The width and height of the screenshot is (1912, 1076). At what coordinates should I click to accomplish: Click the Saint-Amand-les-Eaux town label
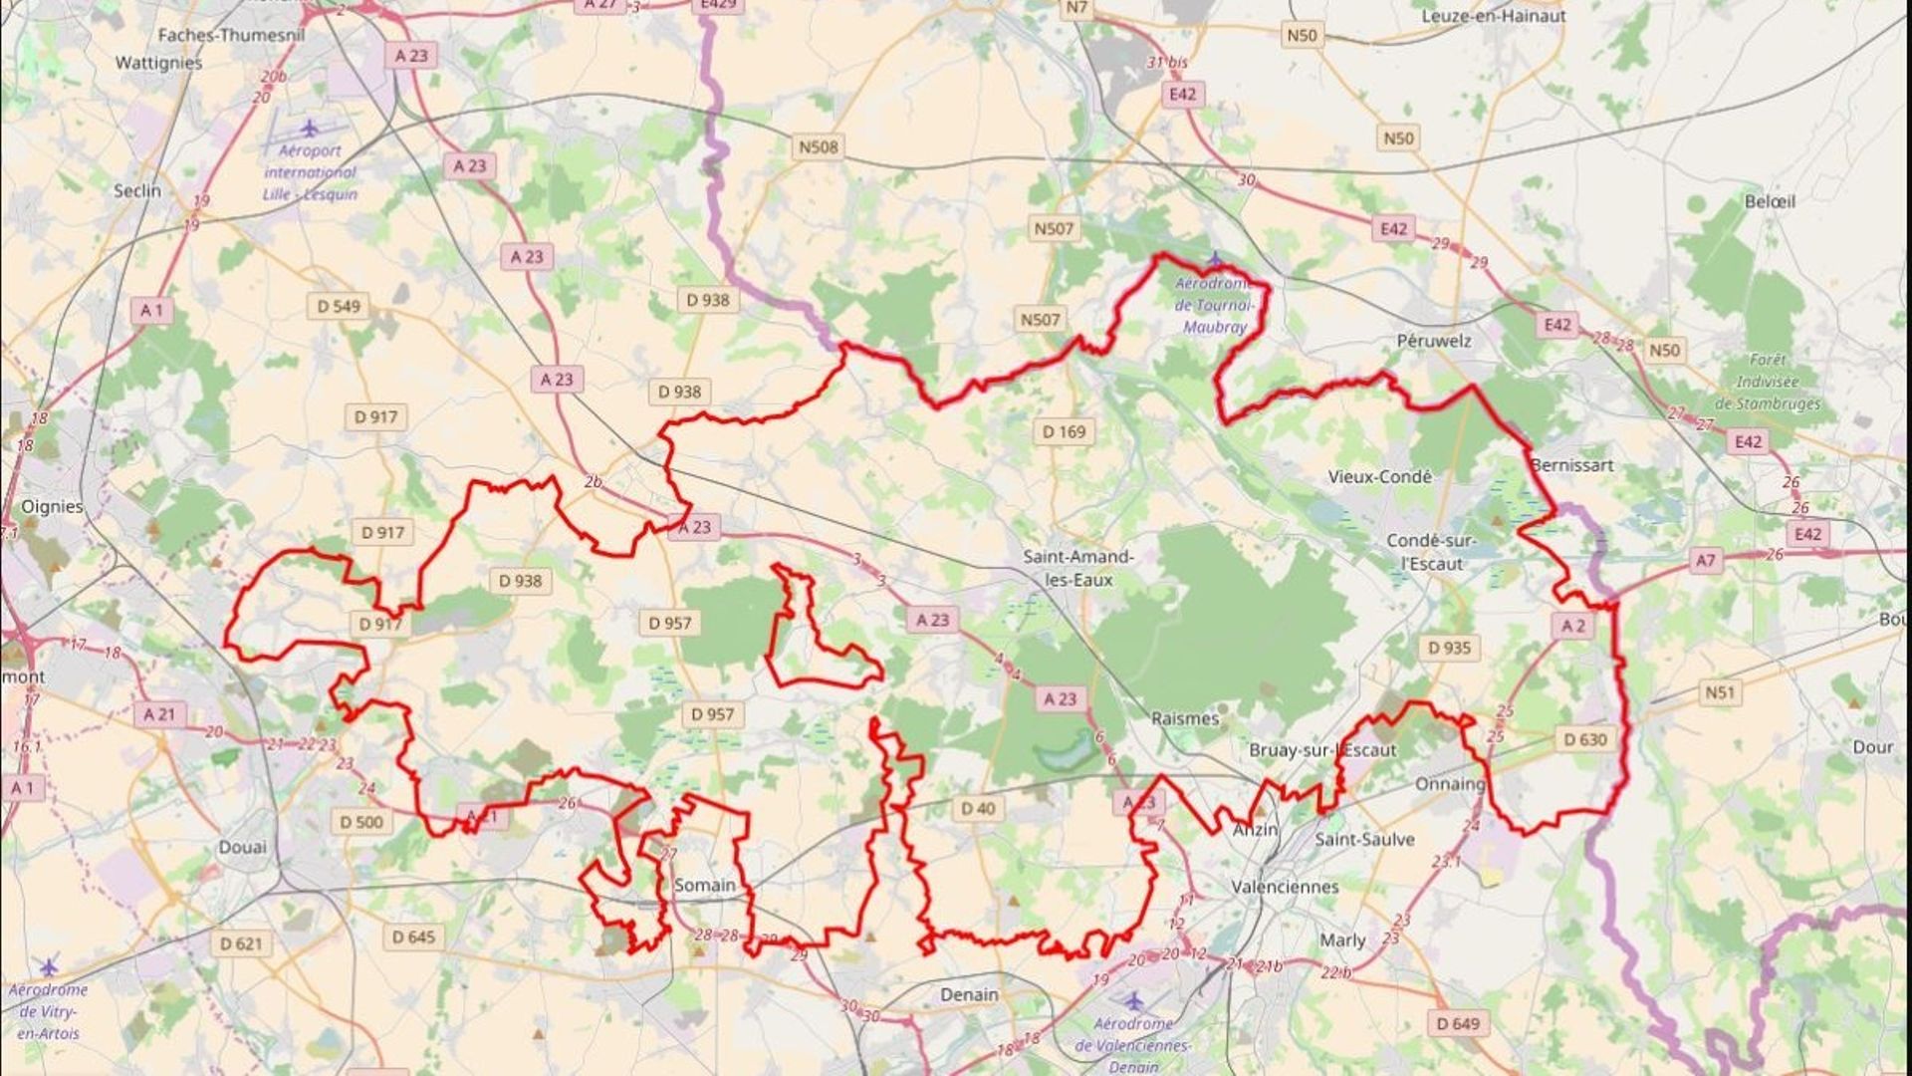(x=1077, y=568)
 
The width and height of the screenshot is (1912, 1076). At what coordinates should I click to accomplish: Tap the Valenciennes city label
(x=1285, y=887)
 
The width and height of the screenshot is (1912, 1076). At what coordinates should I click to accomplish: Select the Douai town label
(x=243, y=848)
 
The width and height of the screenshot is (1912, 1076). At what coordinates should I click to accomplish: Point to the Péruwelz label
(x=1433, y=341)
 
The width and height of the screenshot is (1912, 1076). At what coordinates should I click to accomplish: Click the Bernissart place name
(x=1572, y=465)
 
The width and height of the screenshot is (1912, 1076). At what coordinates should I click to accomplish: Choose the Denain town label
(x=969, y=994)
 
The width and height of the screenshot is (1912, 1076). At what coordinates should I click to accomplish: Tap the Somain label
(x=705, y=885)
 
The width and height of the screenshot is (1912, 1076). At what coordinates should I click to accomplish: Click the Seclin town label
(x=137, y=190)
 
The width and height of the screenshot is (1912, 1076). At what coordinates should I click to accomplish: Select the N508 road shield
(x=819, y=147)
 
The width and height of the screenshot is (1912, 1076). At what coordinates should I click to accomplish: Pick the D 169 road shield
(x=1065, y=431)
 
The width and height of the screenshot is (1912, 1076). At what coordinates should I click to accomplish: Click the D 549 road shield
(x=339, y=306)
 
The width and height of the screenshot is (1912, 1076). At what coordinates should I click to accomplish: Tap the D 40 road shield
(x=978, y=809)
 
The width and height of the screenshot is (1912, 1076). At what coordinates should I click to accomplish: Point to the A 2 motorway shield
(x=1573, y=626)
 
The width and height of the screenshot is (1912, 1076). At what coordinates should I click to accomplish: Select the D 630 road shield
(x=1585, y=739)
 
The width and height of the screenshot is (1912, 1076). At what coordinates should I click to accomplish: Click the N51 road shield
(x=1720, y=691)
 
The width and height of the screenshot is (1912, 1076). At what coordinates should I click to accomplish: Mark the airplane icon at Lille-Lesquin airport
(x=310, y=129)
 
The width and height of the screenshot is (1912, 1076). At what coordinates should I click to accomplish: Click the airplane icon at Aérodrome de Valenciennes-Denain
(x=1133, y=999)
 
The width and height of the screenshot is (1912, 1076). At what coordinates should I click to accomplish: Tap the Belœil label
(x=1770, y=201)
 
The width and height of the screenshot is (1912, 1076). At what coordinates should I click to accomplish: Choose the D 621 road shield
(x=241, y=942)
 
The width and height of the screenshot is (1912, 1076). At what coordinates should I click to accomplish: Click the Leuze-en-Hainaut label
(x=1493, y=16)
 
